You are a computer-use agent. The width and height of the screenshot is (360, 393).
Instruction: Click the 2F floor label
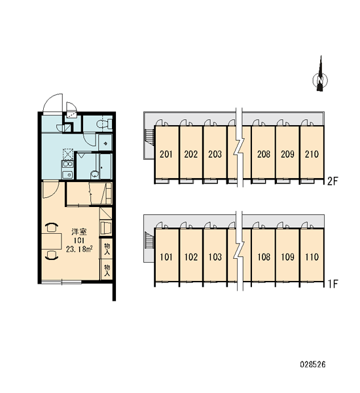[x=333, y=181]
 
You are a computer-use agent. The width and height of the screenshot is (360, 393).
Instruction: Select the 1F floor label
[x=333, y=284]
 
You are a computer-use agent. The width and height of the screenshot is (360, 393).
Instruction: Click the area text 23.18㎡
[x=79, y=250]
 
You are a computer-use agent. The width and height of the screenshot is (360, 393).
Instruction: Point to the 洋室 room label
[x=79, y=232]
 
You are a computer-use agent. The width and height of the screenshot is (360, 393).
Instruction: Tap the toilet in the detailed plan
[x=104, y=124]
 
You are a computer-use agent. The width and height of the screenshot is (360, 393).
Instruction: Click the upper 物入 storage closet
[x=107, y=249]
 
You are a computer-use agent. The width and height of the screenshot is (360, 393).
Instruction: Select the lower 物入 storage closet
[x=107, y=270]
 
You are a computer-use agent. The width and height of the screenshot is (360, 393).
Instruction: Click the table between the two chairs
[x=52, y=241]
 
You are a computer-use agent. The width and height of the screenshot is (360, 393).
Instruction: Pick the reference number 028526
[x=313, y=364]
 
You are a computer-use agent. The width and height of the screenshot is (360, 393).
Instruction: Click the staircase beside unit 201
[x=150, y=137]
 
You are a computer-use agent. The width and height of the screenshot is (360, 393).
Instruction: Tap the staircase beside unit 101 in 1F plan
[x=149, y=240]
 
